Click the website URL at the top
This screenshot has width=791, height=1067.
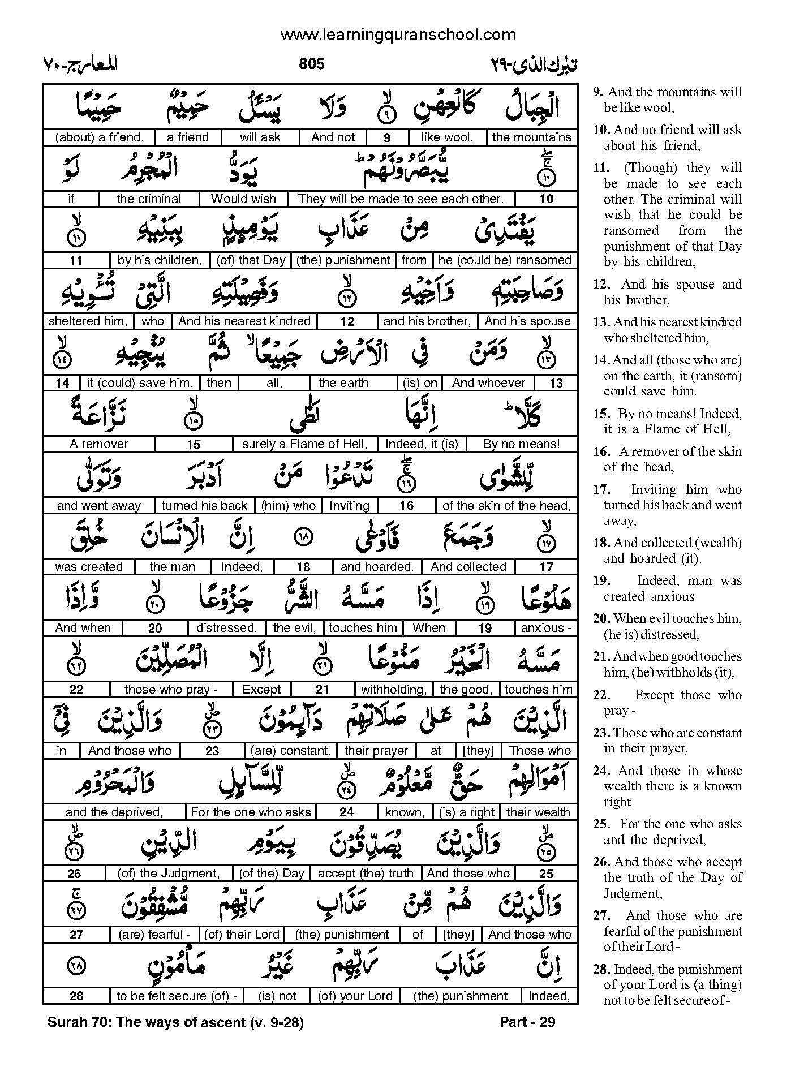398,35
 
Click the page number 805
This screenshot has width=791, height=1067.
311,64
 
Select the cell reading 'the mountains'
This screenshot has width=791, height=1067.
531,137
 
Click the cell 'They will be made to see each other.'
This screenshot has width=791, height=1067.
401,199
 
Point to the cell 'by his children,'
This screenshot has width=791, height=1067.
160,260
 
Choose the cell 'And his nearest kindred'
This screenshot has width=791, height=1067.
244,321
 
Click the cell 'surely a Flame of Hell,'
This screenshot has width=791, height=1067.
304,444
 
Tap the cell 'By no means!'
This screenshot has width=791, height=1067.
521,444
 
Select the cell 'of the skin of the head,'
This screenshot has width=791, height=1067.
506,506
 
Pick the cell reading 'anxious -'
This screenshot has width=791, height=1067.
546,628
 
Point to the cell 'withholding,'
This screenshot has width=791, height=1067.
394,690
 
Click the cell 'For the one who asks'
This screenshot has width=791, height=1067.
251,812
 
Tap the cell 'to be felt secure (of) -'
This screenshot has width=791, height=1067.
177,996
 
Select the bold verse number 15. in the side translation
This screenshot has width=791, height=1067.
601,414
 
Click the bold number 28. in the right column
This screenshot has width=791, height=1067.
601,970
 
